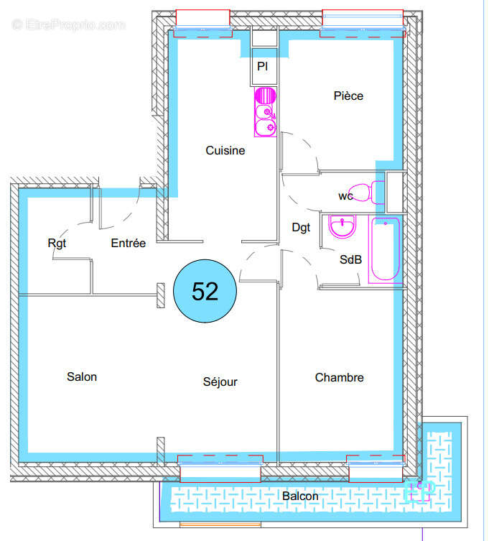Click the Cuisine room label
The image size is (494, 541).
click(225, 151)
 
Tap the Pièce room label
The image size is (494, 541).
click(348, 96)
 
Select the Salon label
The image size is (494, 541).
click(82, 376)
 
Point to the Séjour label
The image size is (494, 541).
click(220, 382)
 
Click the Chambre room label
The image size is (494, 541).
click(339, 377)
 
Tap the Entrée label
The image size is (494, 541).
click(129, 244)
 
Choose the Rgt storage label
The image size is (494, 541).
click(57, 244)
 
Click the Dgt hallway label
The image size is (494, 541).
click(301, 228)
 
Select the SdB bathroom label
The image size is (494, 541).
click(350, 260)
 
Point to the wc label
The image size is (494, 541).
click(345, 196)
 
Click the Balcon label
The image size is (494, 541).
click(300, 496)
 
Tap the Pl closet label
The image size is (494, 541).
click(263, 68)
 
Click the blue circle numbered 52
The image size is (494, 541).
click(205, 292)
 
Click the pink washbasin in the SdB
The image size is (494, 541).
click(342, 227)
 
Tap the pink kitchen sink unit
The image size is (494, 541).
click(266, 120)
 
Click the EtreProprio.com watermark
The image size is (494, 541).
click(68, 25)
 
